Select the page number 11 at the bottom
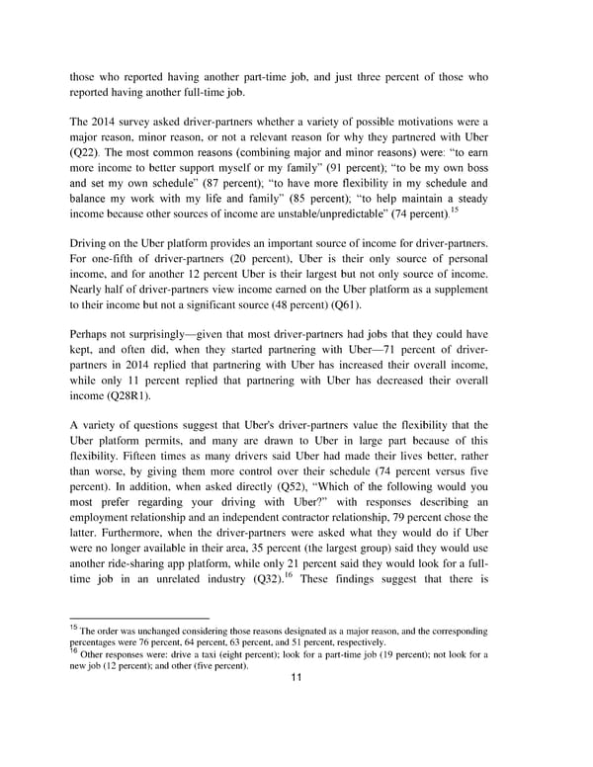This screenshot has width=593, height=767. point(296,676)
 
